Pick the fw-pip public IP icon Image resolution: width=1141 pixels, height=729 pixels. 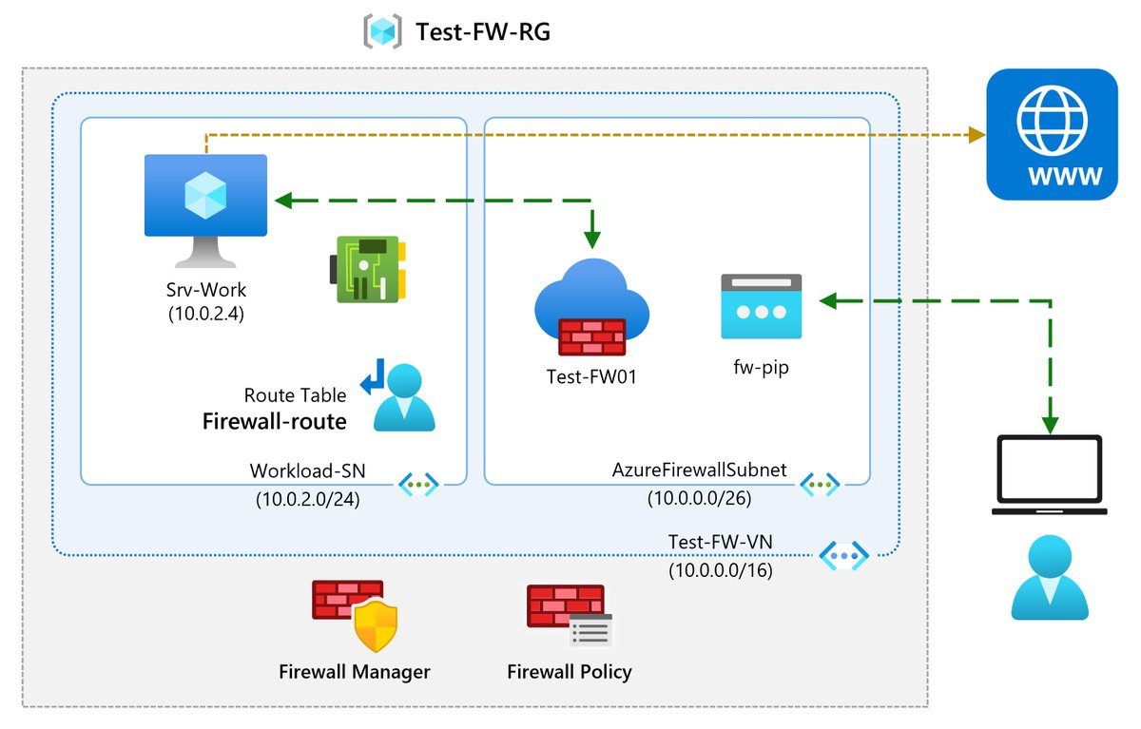761,306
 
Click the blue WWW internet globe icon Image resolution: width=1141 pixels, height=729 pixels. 1053,134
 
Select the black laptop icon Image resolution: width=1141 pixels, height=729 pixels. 1049,476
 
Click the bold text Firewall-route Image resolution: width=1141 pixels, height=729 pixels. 274,421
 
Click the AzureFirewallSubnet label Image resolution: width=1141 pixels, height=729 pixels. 700,471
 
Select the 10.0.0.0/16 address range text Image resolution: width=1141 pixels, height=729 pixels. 720,570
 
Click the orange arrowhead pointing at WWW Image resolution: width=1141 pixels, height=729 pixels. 976,136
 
